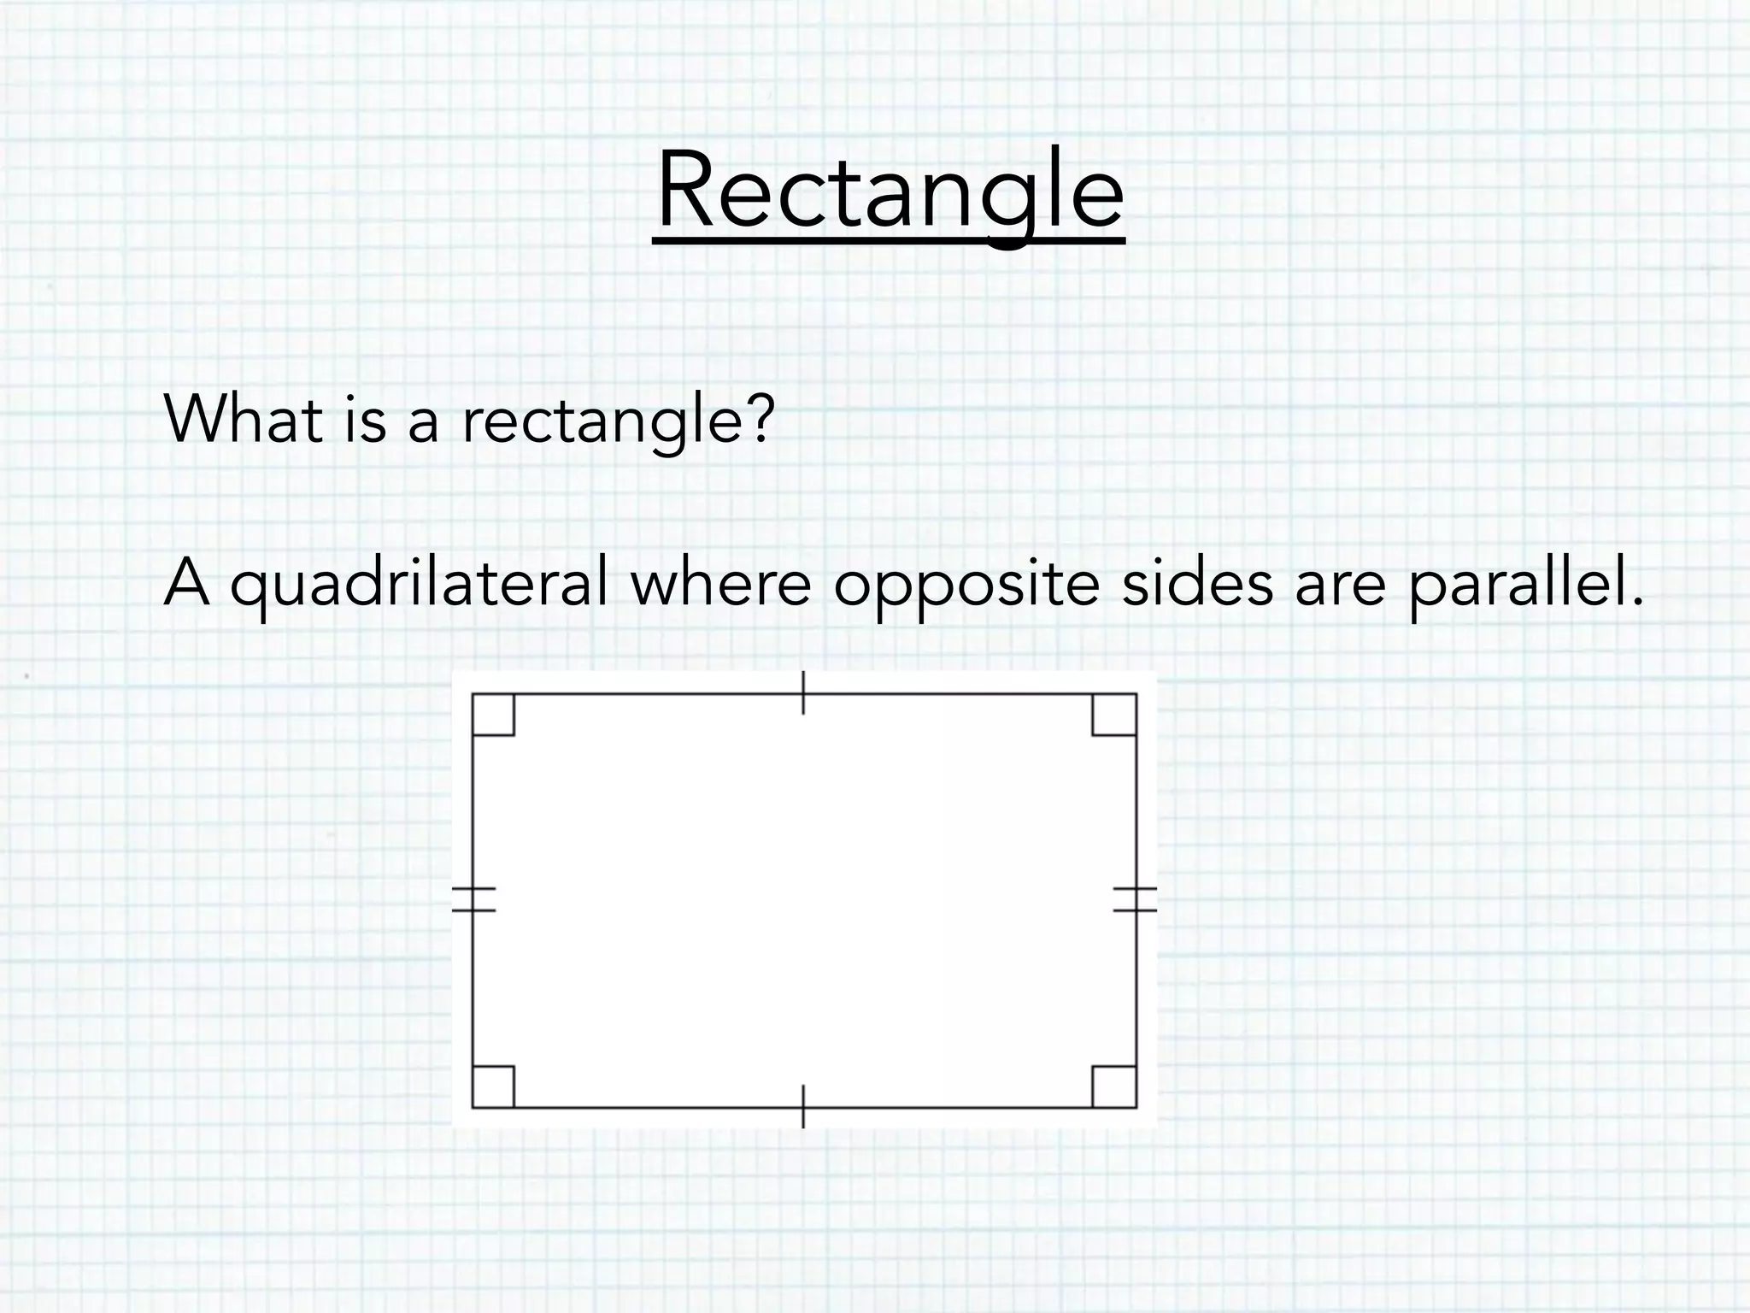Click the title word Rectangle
pyautogui.click(x=889, y=192)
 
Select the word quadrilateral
pyautogui.click(x=420, y=585)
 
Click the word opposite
pyautogui.click(x=966, y=586)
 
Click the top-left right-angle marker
pyautogui.click(x=494, y=715)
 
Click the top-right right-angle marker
pyautogui.click(x=1114, y=715)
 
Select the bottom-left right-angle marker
pyautogui.click(x=494, y=1086)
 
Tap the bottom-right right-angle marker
pyautogui.click(x=1114, y=1086)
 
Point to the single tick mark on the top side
pyautogui.click(x=803, y=692)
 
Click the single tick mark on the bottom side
pyautogui.click(x=803, y=1107)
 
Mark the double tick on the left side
pyautogui.click(x=473, y=899)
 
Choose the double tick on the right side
pyautogui.click(x=1136, y=899)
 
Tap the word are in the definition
pyautogui.click(x=1339, y=586)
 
